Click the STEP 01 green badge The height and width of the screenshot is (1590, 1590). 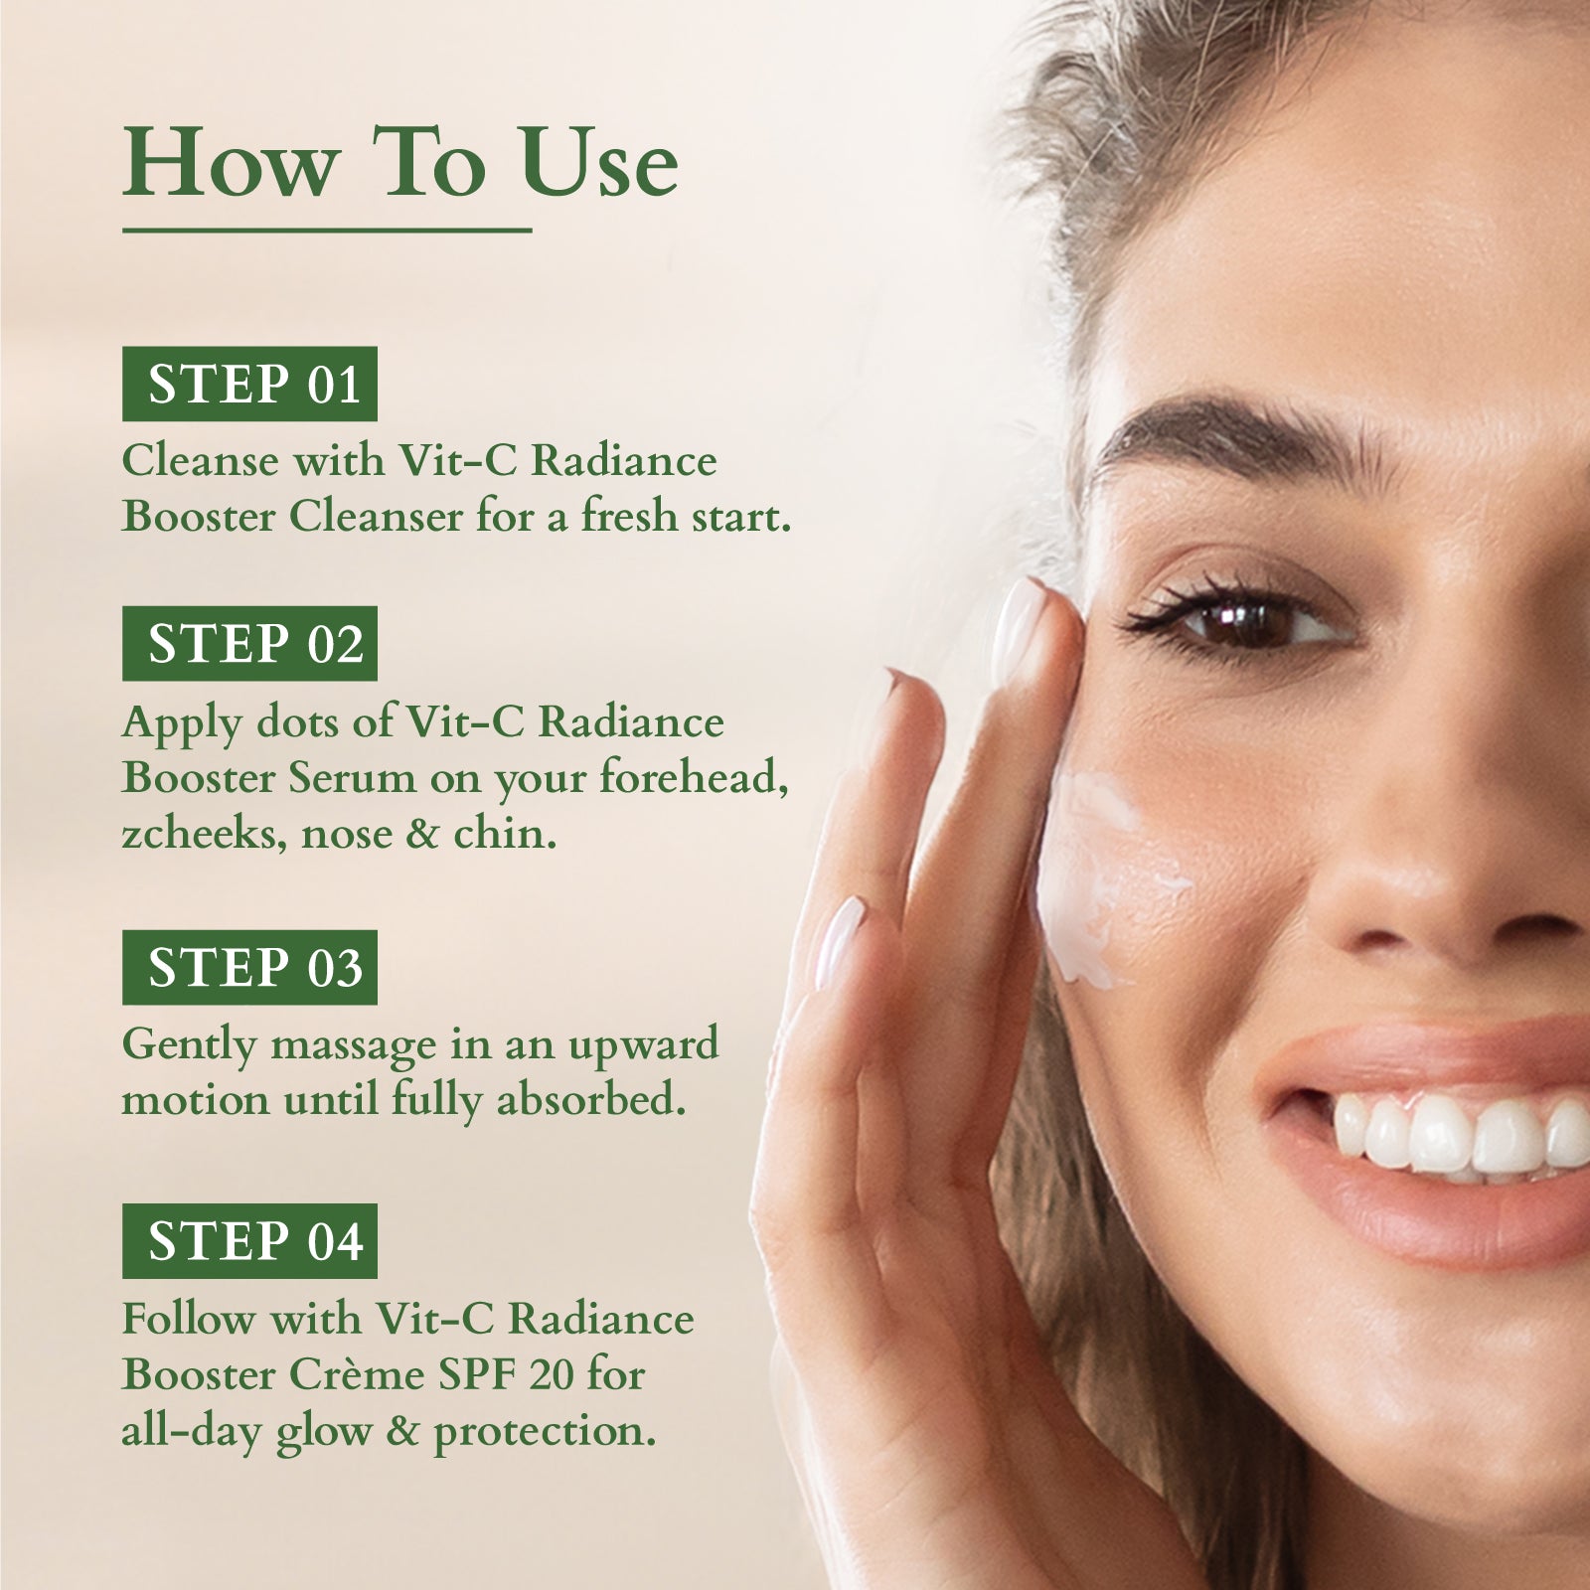[x=249, y=384]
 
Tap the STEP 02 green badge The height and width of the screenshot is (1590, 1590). [x=249, y=643]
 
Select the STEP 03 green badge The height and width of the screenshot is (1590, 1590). [x=249, y=967]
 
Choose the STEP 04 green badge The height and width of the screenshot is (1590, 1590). [x=249, y=1241]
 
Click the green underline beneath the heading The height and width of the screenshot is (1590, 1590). [x=327, y=232]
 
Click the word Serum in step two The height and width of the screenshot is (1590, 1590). [x=353, y=778]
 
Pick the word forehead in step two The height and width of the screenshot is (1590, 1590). [x=694, y=778]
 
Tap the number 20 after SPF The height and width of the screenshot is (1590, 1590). [x=550, y=1375]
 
